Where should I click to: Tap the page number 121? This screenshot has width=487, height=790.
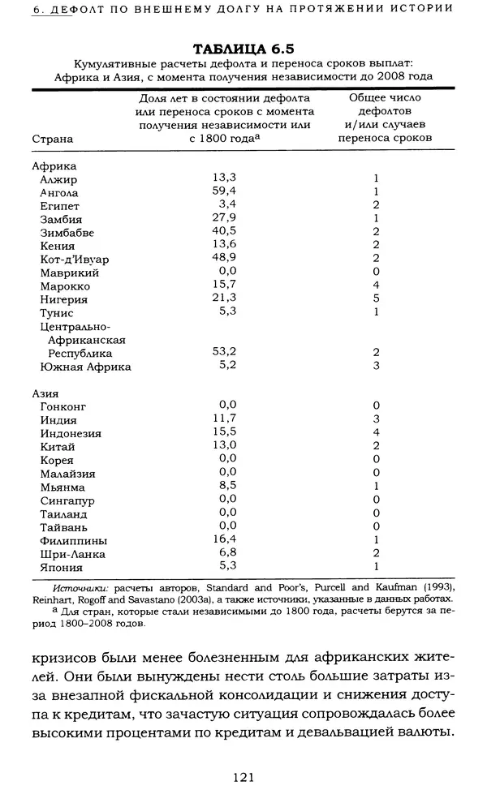(x=244, y=776)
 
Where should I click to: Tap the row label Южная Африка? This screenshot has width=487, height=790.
(x=85, y=367)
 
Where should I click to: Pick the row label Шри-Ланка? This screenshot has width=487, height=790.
(x=73, y=554)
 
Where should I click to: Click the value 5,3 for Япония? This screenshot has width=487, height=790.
(x=226, y=565)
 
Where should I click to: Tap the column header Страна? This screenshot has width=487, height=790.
(x=52, y=139)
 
